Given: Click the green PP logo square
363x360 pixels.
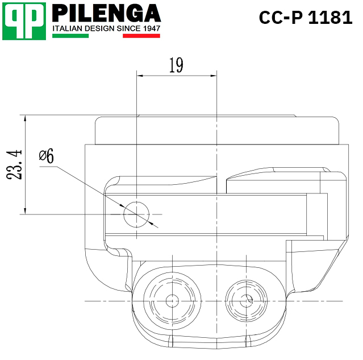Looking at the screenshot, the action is (x=24, y=21).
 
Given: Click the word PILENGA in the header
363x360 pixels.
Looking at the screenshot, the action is (x=106, y=13).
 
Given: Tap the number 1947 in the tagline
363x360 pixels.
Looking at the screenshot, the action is (x=152, y=28).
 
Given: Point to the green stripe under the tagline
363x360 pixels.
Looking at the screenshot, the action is (x=70, y=36).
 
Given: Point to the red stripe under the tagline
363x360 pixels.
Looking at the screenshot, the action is (x=141, y=36).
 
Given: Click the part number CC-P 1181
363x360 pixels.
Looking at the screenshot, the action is (x=306, y=18).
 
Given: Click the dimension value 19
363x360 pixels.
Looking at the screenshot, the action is (x=176, y=65).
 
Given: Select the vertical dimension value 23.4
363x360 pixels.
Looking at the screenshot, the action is (x=14, y=164).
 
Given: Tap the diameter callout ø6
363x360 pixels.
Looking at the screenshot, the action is (x=47, y=155).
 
